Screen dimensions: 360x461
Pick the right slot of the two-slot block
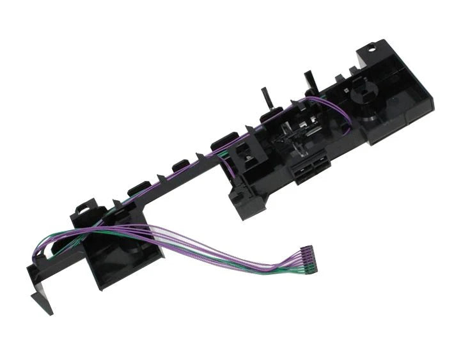click(x=316, y=168)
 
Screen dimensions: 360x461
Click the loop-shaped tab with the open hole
click(x=83, y=207)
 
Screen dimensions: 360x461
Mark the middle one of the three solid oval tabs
click(x=178, y=168)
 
